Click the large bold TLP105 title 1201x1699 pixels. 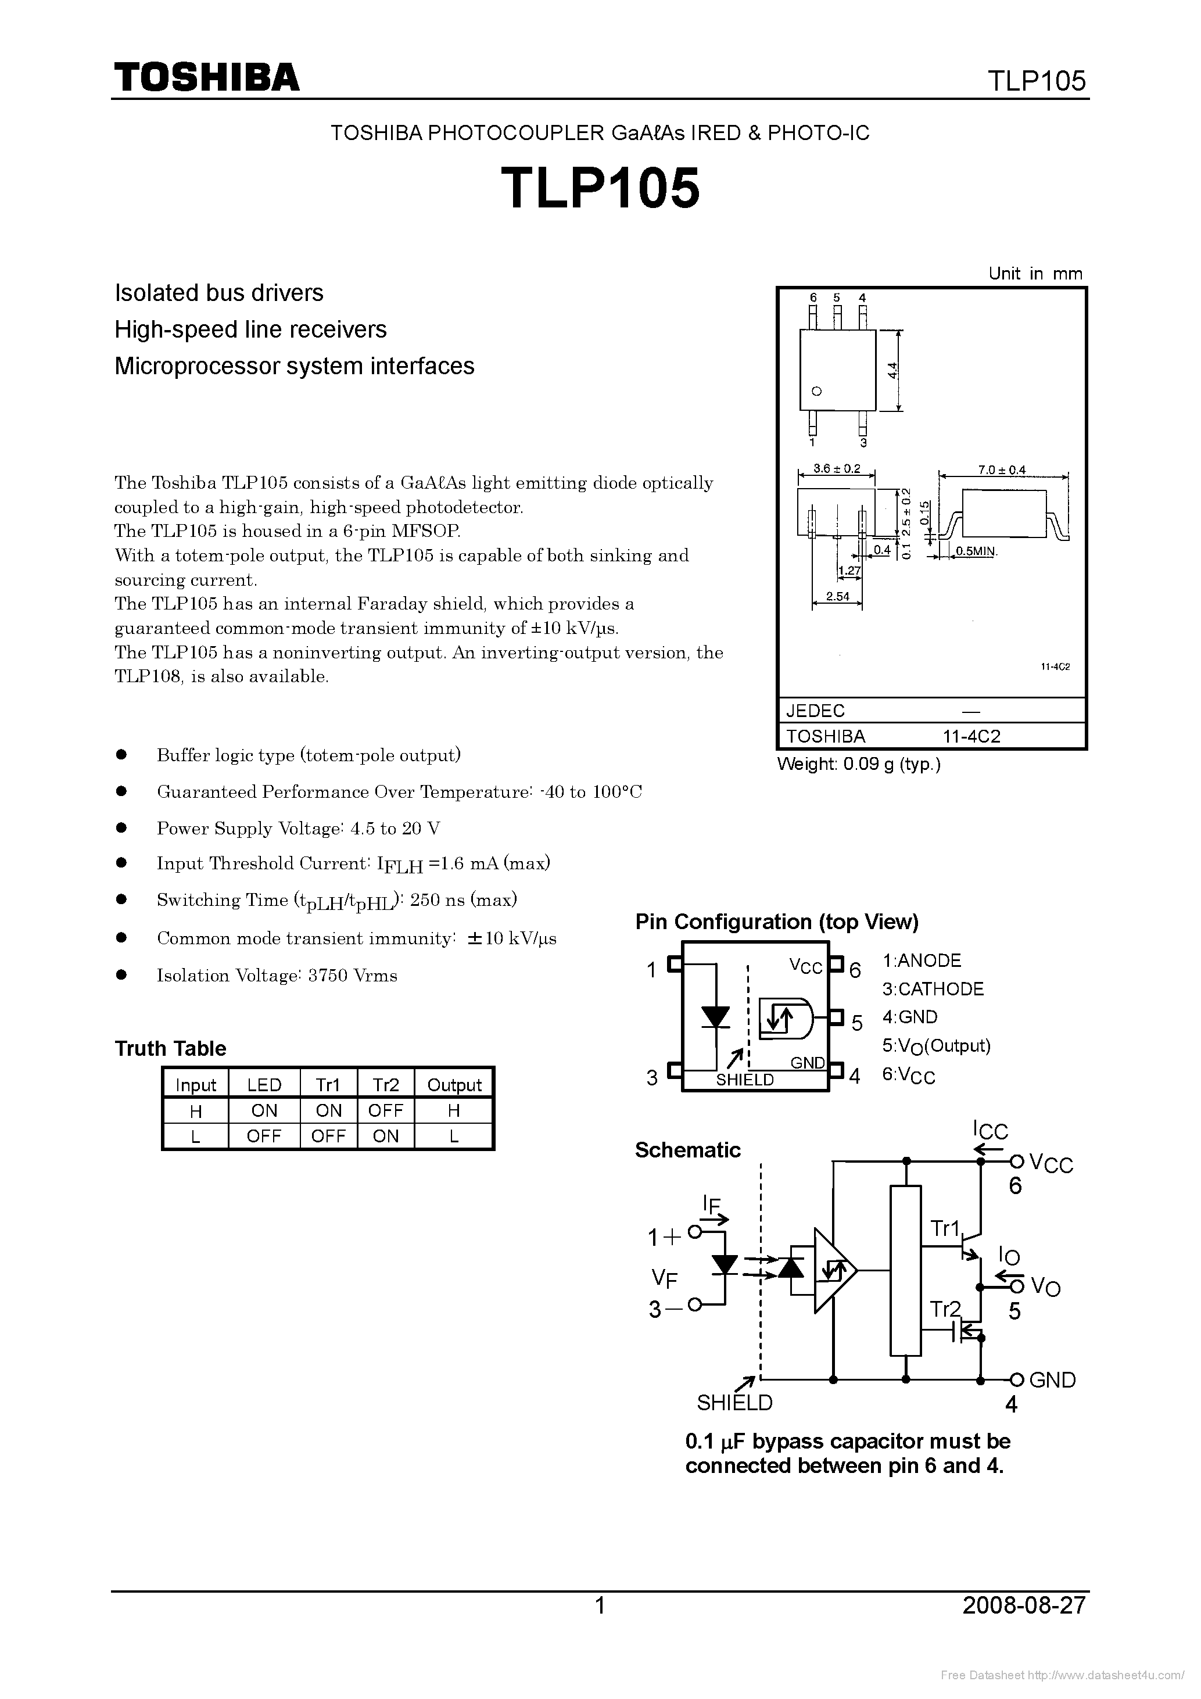tap(600, 188)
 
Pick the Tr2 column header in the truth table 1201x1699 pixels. tap(386, 1085)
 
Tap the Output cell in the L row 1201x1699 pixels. tap(454, 1136)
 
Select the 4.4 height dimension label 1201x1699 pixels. tap(893, 370)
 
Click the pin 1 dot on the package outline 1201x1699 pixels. tap(817, 392)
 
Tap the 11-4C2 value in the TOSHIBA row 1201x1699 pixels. tap(971, 736)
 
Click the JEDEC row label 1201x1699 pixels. tap(815, 711)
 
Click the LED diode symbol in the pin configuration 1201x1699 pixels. tap(716, 1017)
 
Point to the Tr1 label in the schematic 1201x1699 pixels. tap(945, 1229)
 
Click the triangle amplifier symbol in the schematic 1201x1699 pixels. tap(833, 1271)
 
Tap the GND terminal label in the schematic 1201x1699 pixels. tap(1052, 1380)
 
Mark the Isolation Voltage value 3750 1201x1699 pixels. tap(328, 975)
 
